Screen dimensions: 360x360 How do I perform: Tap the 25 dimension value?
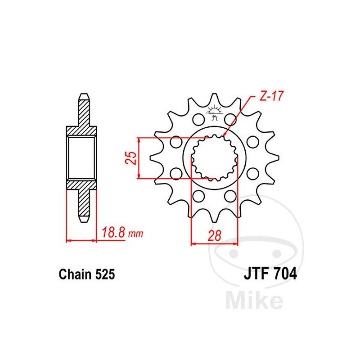(x=131, y=158)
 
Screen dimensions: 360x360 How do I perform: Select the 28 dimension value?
(x=215, y=235)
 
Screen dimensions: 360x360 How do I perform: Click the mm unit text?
(x=136, y=234)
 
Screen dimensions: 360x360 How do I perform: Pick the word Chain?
(x=75, y=274)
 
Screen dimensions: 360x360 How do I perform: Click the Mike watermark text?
(x=254, y=300)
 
